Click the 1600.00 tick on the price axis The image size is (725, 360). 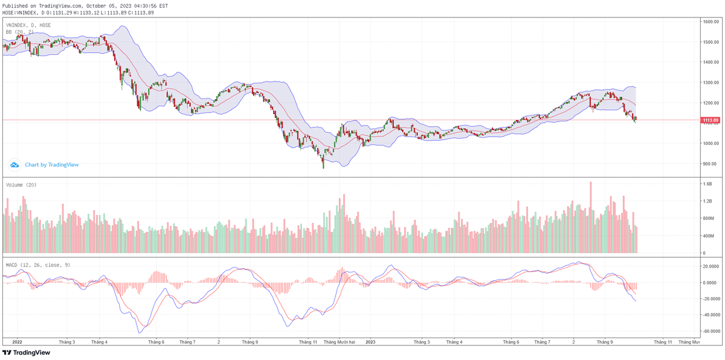[x=709, y=22]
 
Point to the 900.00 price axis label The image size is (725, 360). [x=709, y=164]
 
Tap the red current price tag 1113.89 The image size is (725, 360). [x=710, y=120]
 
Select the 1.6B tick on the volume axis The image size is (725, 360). [x=707, y=184]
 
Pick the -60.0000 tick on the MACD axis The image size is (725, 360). [x=710, y=332]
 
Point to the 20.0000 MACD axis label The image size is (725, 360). [x=710, y=266]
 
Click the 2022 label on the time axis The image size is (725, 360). [x=17, y=342]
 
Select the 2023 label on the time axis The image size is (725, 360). [x=370, y=342]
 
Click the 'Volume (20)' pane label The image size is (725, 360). [x=21, y=185]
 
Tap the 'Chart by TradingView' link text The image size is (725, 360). [x=51, y=164]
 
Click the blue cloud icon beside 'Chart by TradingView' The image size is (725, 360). [x=15, y=164]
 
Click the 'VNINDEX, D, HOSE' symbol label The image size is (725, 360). [x=28, y=25]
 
